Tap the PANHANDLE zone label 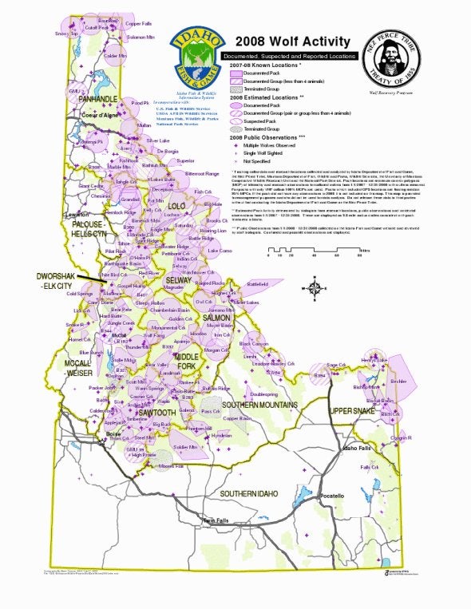click(x=99, y=99)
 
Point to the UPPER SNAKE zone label click(x=353, y=410)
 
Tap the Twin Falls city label click(x=216, y=520)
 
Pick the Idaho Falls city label click(x=356, y=448)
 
